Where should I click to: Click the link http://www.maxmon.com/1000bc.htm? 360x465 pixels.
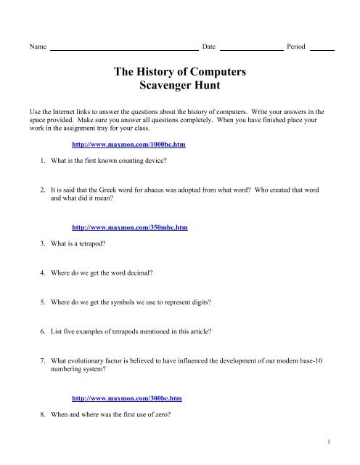pyautogui.click(x=128, y=145)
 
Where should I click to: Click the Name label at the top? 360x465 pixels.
pyautogui.click(x=36, y=46)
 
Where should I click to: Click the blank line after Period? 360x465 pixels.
pyautogui.click(x=322, y=48)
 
